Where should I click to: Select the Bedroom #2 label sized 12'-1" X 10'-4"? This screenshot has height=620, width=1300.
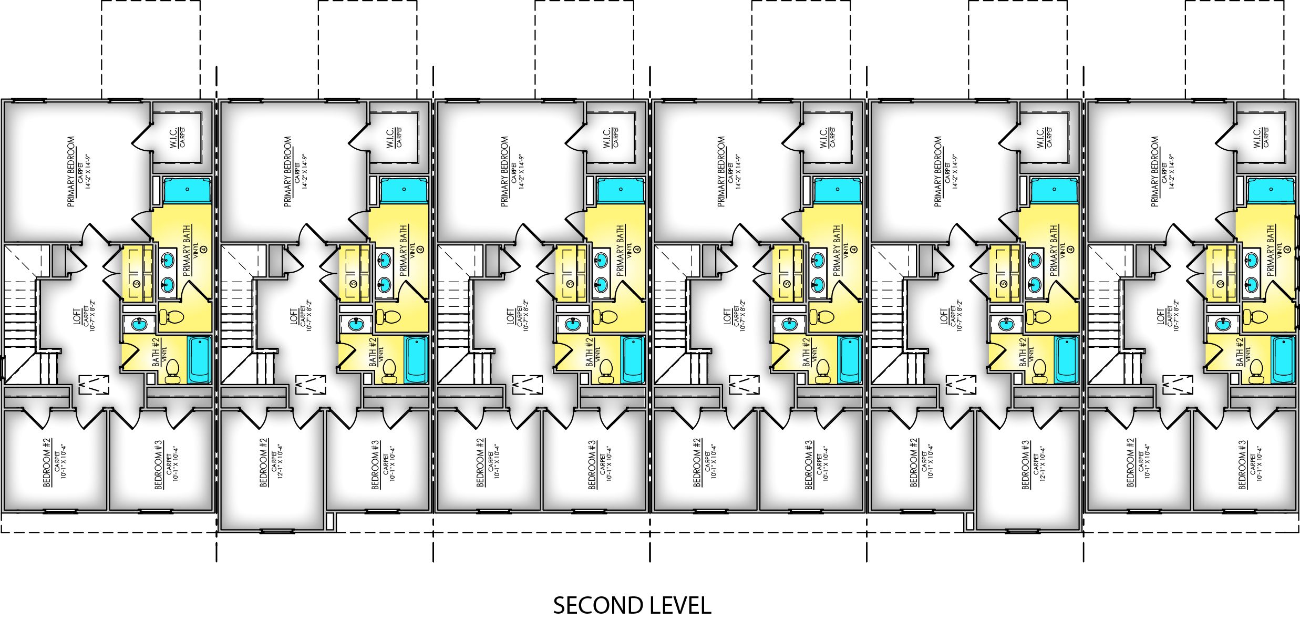click(264, 462)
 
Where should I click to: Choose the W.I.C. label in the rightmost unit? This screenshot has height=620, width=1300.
click(1257, 137)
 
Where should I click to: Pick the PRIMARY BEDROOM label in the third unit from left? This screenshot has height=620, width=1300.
click(505, 171)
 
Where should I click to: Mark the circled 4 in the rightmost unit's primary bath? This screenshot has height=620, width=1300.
click(1287, 250)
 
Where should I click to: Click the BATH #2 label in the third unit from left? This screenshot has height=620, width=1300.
click(590, 351)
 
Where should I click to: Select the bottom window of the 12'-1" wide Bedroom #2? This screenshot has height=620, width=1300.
click(271, 531)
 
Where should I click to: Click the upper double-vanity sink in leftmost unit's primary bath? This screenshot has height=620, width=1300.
click(168, 259)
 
